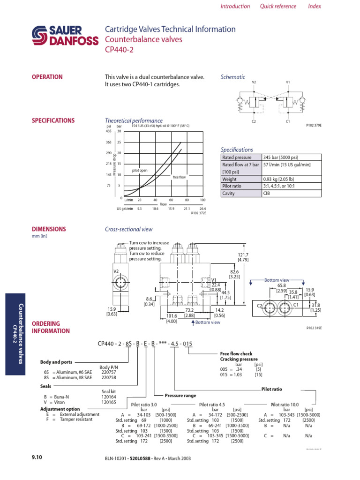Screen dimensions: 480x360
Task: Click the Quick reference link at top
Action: [x=278, y=6]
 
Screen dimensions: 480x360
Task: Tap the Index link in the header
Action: [x=315, y=6]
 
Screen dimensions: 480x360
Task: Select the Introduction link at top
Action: [x=235, y=6]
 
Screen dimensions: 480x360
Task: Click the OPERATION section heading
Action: [x=47, y=77]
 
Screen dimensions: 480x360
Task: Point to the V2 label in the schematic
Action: [x=254, y=82]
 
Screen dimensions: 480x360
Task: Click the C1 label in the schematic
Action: [x=288, y=121]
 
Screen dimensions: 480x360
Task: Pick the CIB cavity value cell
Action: [x=267, y=193]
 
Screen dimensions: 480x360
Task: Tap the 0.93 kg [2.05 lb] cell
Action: [x=280, y=179]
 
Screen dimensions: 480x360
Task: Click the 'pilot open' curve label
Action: [x=140, y=171]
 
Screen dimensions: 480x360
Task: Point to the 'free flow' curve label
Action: [x=180, y=177]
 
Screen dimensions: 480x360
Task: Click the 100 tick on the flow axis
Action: [x=202, y=200]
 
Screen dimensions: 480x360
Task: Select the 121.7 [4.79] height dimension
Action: [x=243, y=257]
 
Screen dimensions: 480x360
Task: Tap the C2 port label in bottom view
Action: [x=259, y=305]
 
